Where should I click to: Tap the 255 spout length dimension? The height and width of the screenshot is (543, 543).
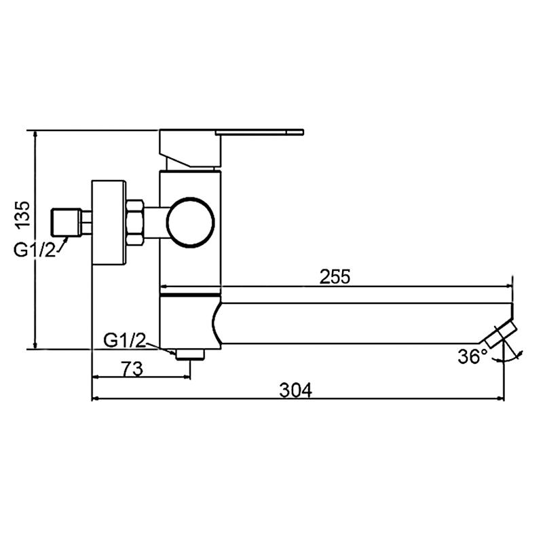coord(335,277)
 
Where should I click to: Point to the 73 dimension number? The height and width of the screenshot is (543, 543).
coord(132,369)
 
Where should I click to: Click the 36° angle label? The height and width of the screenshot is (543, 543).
coord(472,356)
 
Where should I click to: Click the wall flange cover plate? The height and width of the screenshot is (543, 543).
coord(109,221)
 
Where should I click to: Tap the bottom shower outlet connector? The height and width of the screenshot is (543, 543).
coord(190,354)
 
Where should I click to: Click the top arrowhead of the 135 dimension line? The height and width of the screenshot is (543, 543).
coord(34,134)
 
